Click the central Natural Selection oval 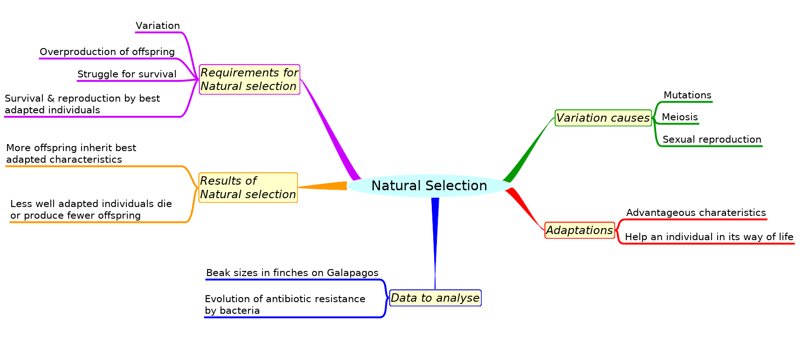click(429, 186)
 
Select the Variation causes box click(603, 118)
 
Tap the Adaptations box click(579, 230)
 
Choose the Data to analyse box click(435, 298)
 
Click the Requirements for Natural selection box click(249, 79)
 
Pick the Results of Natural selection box click(248, 187)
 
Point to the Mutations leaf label click(687, 95)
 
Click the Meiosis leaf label click(679, 117)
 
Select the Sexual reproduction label click(712, 139)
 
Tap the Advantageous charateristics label click(696, 213)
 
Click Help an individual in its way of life click(709, 237)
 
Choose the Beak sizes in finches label click(292, 273)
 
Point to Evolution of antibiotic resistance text click(284, 305)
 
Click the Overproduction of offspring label click(107, 52)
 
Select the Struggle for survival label click(127, 74)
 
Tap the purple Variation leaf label click(158, 26)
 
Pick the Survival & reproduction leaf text click(82, 104)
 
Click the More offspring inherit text click(71, 153)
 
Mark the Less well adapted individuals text click(91, 209)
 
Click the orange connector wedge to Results click(326, 186)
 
